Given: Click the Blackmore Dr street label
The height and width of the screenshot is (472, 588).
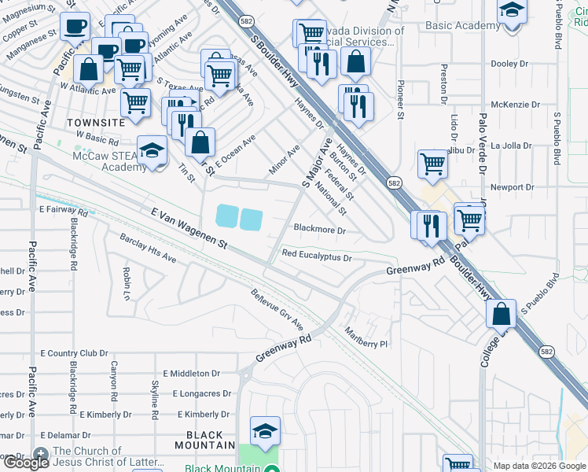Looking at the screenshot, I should click(x=319, y=230).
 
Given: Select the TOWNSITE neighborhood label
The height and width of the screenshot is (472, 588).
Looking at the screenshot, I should click(x=96, y=124).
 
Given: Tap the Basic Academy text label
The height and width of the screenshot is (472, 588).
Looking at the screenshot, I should click(x=462, y=25).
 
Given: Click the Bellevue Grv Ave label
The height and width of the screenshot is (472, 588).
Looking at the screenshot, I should click(x=277, y=308).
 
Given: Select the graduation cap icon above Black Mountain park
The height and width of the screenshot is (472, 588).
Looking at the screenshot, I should click(x=265, y=430).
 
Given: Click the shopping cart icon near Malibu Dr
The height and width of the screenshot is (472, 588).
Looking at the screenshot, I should click(x=432, y=163).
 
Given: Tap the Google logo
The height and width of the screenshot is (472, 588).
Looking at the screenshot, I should click(x=26, y=463).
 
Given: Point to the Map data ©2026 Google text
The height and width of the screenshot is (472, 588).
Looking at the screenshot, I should click(x=539, y=466).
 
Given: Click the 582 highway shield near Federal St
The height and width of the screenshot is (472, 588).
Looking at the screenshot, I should click(x=394, y=182).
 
